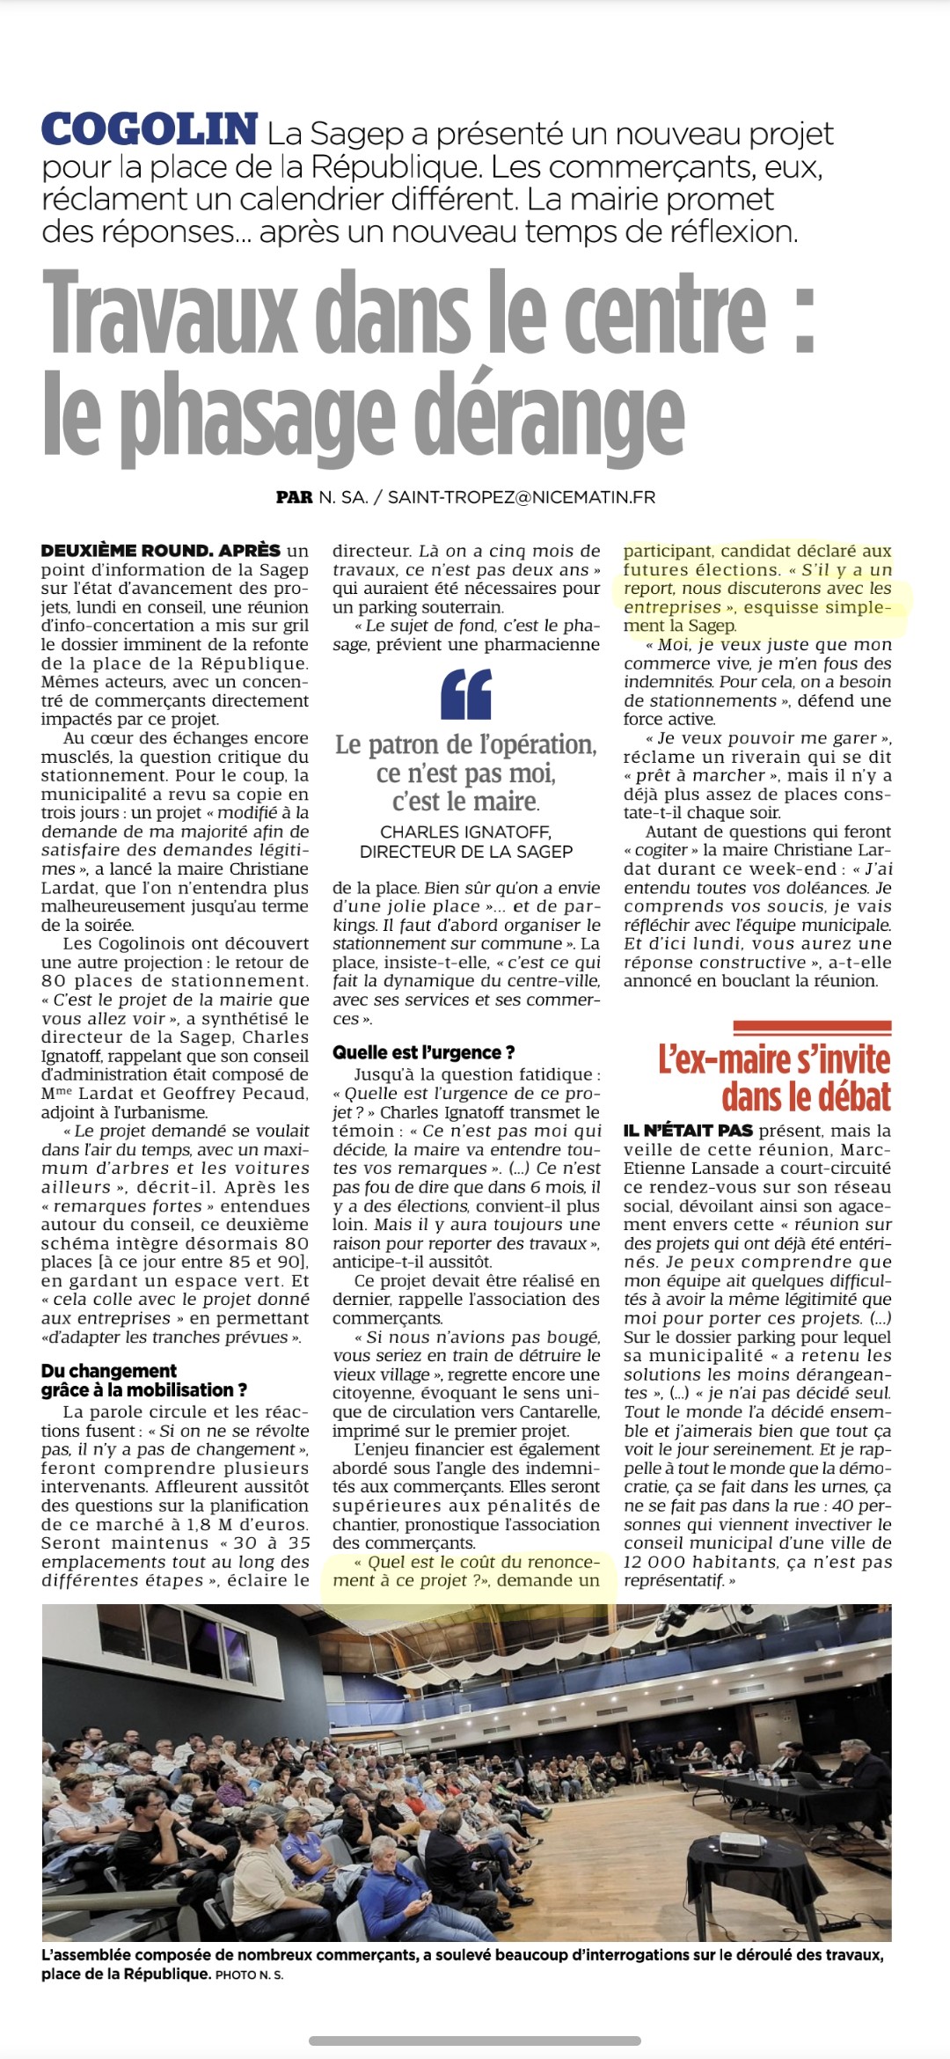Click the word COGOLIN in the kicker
pyautogui.click(x=150, y=130)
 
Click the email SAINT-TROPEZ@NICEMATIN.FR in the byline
pyautogui.click(x=522, y=497)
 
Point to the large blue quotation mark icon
pyautogui.click(x=466, y=694)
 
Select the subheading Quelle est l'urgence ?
pyautogui.click(x=423, y=1052)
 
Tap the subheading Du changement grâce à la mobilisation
pyautogui.click(x=144, y=1381)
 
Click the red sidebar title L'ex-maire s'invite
pyautogui.click(x=774, y=1059)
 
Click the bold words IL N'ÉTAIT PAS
pyautogui.click(x=688, y=1131)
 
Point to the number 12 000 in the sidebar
pyautogui.click(x=655, y=1563)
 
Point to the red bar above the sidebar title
pyautogui.click(x=812, y=1026)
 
